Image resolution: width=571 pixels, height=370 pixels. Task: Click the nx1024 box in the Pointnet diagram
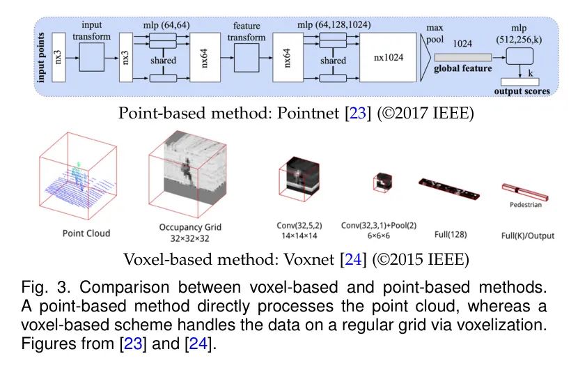[x=388, y=57]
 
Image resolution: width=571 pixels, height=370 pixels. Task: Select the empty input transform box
[x=92, y=57]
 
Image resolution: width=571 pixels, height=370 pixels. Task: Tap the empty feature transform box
[x=247, y=58]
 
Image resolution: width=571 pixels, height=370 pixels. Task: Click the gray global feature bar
[x=463, y=57]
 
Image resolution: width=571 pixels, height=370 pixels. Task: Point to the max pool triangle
[x=425, y=57]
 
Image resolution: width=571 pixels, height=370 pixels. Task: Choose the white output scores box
[x=520, y=82]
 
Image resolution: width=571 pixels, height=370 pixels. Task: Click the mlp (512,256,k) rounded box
[x=519, y=56]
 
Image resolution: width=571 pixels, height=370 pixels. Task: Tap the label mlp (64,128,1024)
[x=334, y=25]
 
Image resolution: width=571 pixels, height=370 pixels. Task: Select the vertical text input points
[x=41, y=58]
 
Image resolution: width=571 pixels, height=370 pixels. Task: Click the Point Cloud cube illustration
[x=78, y=176]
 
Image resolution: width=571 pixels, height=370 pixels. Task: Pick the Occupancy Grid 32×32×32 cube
[x=188, y=174]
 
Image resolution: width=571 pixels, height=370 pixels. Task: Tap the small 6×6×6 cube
[x=382, y=182]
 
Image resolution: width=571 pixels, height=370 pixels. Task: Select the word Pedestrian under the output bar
[x=526, y=204]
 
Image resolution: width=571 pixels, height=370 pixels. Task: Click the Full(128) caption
[x=451, y=234]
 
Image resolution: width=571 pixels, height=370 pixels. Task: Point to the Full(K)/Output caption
[x=528, y=236]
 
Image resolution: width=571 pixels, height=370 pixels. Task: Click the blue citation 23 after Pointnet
[x=358, y=113]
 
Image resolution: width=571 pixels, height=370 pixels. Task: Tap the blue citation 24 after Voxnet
[x=353, y=259]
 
